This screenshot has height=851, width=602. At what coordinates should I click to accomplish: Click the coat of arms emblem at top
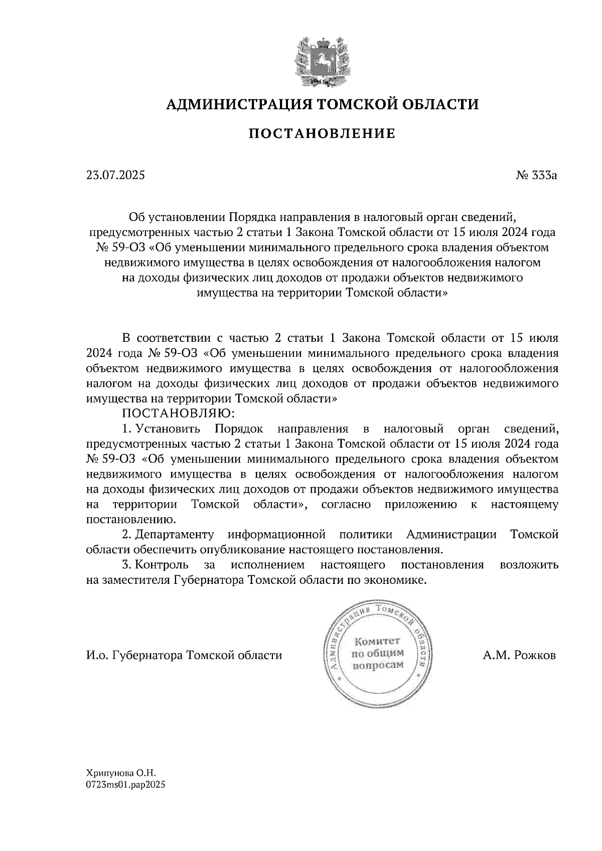pos(322,61)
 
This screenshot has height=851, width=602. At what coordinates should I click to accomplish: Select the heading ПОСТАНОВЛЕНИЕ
pos(322,134)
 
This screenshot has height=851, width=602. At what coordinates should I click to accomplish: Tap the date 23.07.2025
pos(115,175)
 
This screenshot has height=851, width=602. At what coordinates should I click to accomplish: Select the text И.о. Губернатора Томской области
pos(184,656)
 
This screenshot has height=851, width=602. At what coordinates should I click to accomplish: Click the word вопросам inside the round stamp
pos(378,665)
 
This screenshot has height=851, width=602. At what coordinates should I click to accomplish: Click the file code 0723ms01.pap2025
pos(125,785)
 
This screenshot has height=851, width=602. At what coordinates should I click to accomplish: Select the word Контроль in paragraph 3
pos(162,565)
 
